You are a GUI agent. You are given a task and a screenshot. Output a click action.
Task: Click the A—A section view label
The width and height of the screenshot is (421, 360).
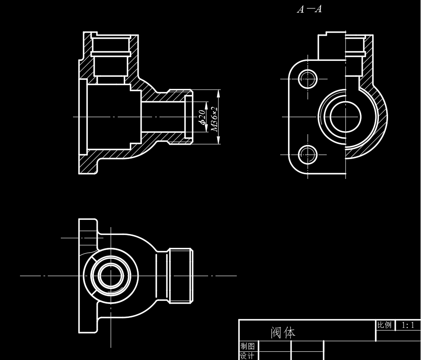tap(309, 9)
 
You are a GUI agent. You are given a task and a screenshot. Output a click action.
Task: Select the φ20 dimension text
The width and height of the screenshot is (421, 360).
tap(202, 117)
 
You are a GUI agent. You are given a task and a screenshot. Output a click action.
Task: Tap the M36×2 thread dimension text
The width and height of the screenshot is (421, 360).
tap(214, 118)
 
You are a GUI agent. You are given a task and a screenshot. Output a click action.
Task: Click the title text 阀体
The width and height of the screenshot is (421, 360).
tap(283, 333)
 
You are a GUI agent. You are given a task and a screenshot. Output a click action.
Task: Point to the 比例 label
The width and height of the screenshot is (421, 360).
tap(384, 325)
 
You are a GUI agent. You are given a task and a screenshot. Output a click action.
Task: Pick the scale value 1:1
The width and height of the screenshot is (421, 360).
tap(408, 325)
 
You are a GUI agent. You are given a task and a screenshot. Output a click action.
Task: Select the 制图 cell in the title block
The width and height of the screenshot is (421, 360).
tap(248, 346)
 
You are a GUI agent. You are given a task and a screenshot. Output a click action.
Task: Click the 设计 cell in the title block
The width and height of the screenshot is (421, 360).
tap(248, 356)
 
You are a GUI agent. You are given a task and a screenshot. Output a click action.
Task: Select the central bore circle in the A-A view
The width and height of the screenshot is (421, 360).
tap(345, 116)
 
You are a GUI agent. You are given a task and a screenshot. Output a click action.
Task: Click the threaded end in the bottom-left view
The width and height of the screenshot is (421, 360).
tap(180, 275)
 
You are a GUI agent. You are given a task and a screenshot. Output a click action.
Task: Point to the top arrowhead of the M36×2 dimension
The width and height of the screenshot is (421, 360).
tap(218, 92)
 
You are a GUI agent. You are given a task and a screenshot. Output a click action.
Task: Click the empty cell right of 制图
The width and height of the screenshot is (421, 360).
tap(275, 346)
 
